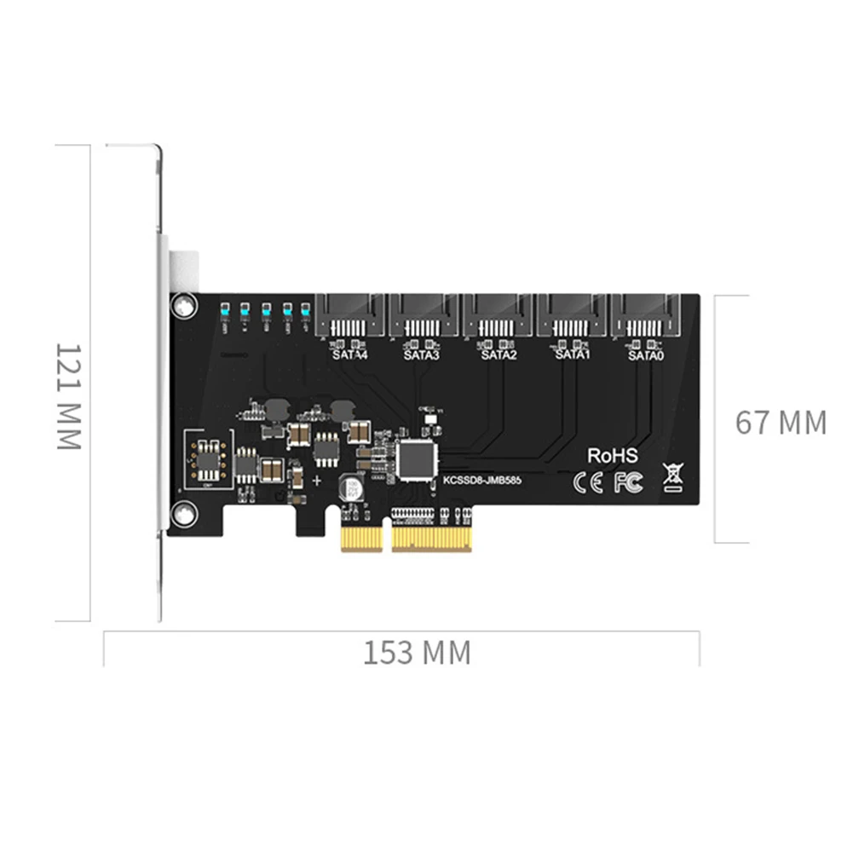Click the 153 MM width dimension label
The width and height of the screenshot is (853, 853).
pyautogui.click(x=417, y=654)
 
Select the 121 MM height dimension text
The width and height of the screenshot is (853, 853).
pyautogui.click(x=68, y=397)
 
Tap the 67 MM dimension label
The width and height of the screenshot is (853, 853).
pyautogui.click(x=781, y=423)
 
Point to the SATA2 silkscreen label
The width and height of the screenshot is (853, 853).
pyautogui.click(x=499, y=355)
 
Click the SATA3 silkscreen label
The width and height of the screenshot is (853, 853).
pyautogui.click(x=421, y=355)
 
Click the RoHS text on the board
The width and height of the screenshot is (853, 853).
pyautogui.click(x=612, y=456)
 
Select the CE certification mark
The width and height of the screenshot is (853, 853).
pyautogui.click(x=588, y=483)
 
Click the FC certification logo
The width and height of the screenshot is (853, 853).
pyautogui.click(x=627, y=483)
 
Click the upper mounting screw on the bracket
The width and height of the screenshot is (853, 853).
pyautogui.click(x=182, y=305)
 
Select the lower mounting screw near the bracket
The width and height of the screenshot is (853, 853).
pyautogui.click(x=182, y=513)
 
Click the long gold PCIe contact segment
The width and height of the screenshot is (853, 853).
pyautogui.click(x=430, y=537)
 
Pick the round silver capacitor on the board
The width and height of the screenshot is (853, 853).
pyautogui.click(x=351, y=487)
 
